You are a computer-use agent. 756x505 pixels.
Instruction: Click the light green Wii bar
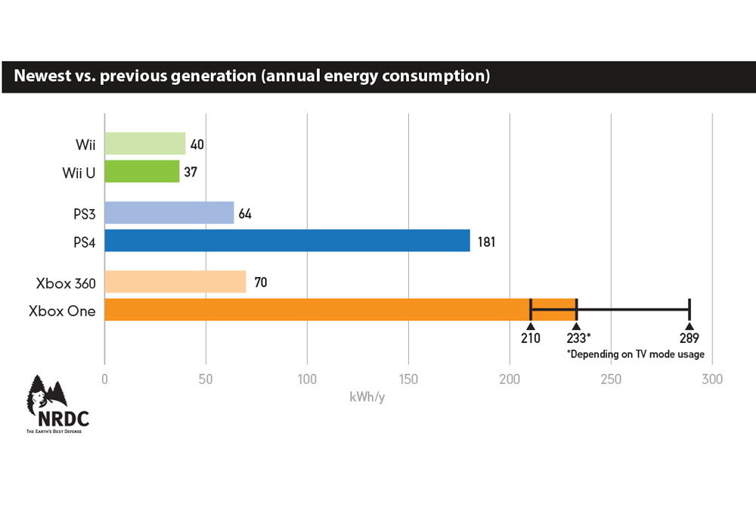pyautogui.click(x=144, y=143)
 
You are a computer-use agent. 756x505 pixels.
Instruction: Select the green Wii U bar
pyautogui.click(x=141, y=171)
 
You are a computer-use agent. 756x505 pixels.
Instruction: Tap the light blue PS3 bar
pyautogui.click(x=169, y=213)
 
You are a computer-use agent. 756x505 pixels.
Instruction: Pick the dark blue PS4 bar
pyautogui.click(x=287, y=241)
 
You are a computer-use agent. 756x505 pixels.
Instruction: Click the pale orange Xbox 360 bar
pyautogui.click(x=175, y=282)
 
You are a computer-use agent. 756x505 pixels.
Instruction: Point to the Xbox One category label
pyautogui.click(x=62, y=310)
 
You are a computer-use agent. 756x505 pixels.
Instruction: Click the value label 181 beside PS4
pyautogui.click(x=485, y=242)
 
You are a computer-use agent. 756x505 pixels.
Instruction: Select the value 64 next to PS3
pyautogui.click(x=245, y=214)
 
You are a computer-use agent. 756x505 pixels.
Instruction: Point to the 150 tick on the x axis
pyautogui.click(x=408, y=379)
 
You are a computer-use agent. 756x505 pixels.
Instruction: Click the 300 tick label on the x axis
pyautogui.click(x=712, y=379)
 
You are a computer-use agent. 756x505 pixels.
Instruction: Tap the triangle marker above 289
pyautogui.click(x=689, y=326)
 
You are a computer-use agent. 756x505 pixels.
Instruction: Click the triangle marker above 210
pyautogui.click(x=531, y=326)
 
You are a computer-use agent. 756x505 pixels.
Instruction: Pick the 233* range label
pyautogui.click(x=578, y=338)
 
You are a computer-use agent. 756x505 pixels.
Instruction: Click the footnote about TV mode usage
pyautogui.click(x=635, y=354)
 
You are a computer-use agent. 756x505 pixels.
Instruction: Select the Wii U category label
pyautogui.click(x=79, y=173)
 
